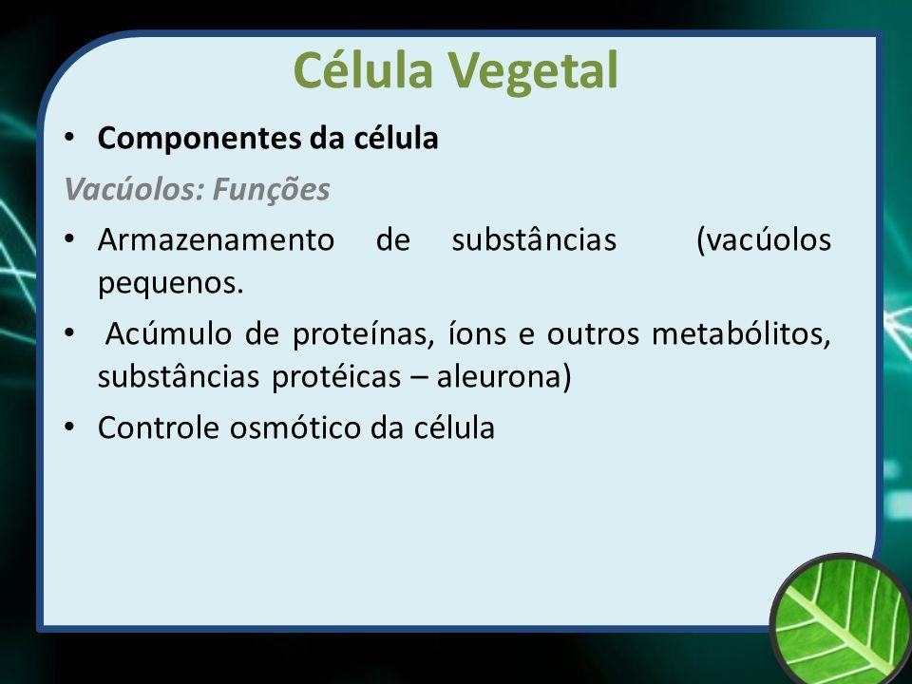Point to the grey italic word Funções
(272, 190)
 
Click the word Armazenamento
(216, 239)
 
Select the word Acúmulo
(169, 333)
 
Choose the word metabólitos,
(741, 333)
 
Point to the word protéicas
(336, 378)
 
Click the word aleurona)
(504, 377)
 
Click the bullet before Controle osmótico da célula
(69, 427)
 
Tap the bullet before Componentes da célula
(69, 139)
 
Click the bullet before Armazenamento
(69, 239)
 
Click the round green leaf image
(841, 618)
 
